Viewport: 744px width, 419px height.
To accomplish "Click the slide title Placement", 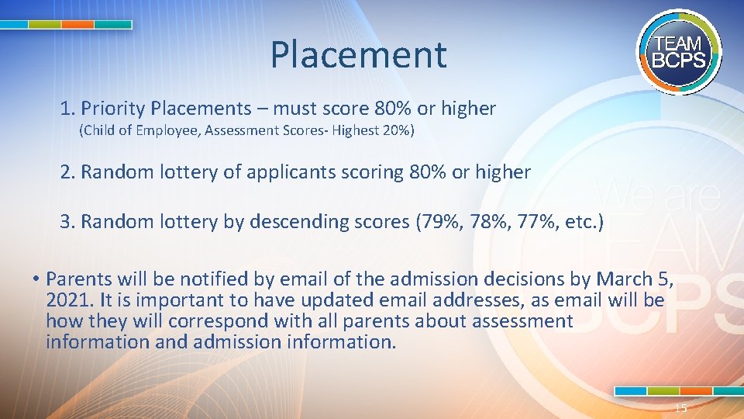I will [x=358, y=55].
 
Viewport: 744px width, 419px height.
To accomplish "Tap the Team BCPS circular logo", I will [x=679, y=53].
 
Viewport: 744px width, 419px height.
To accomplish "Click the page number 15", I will [x=680, y=409].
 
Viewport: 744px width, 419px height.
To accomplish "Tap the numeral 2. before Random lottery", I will [x=67, y=172].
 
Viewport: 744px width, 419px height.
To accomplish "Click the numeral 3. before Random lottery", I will [x=67, y=222].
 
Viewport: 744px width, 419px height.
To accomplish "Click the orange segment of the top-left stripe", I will [x=77, y=25].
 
